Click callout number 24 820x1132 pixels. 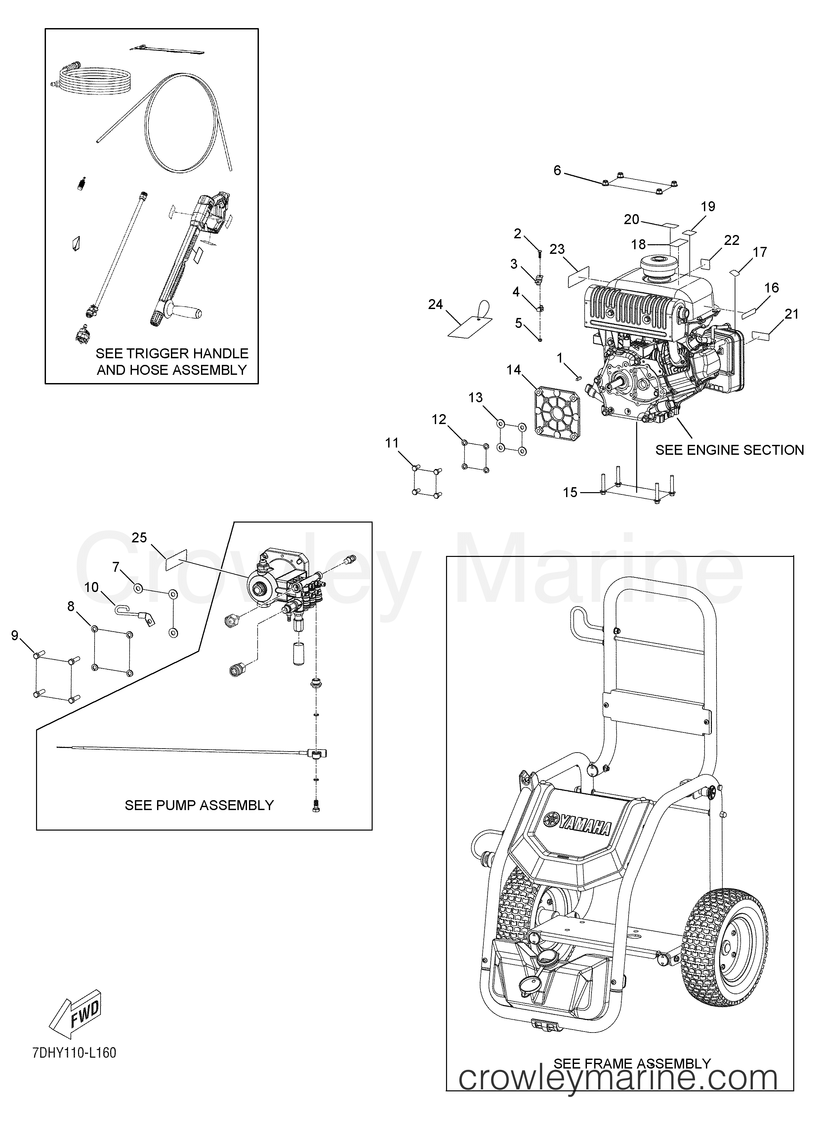(x=435, y=304)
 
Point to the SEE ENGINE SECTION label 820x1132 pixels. (x=729, y=450)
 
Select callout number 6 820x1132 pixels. (x=557, y=171)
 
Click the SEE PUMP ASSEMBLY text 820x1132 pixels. (x=199, y=805)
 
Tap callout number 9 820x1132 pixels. (x=15, y=635)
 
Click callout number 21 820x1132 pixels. (x=792, y=314)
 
